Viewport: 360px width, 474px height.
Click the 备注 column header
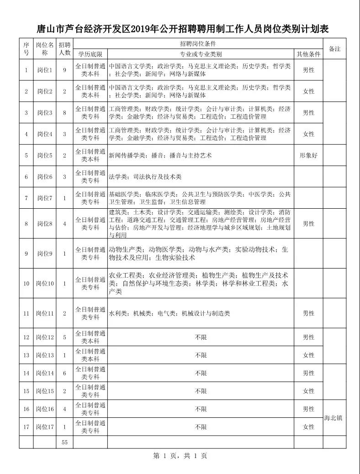(335, 49)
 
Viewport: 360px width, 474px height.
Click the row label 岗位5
(45, 155)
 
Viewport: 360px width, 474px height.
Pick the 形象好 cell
(309, 155)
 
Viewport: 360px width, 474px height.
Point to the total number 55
(64, 442)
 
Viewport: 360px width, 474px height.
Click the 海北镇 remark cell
(333, 418)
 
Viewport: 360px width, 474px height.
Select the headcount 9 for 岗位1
(64, 70)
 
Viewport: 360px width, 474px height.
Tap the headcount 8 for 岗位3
(64, 112)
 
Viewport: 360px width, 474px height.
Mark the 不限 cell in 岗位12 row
(201, 337)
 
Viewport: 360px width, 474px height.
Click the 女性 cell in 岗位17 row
(309, 427)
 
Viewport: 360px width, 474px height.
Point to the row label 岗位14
(45, 373)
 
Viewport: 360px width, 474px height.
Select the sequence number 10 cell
(26, 284)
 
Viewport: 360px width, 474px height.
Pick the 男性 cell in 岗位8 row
(309, 224)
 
